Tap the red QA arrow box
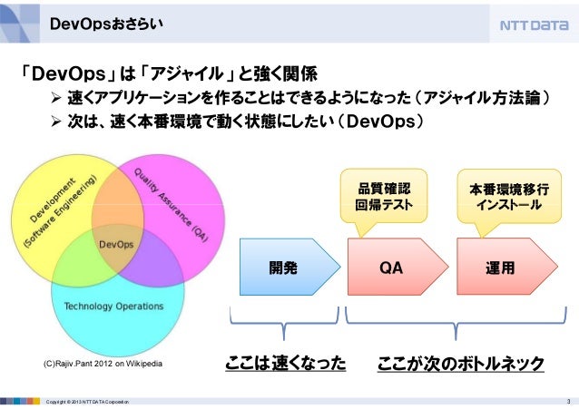point(391,268)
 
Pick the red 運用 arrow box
point(500,268)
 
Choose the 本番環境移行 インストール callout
point(509,197)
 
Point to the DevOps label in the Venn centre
point(116,244)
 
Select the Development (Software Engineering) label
point(60,212)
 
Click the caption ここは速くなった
point(286,364)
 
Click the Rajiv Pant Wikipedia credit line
point(103,364)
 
